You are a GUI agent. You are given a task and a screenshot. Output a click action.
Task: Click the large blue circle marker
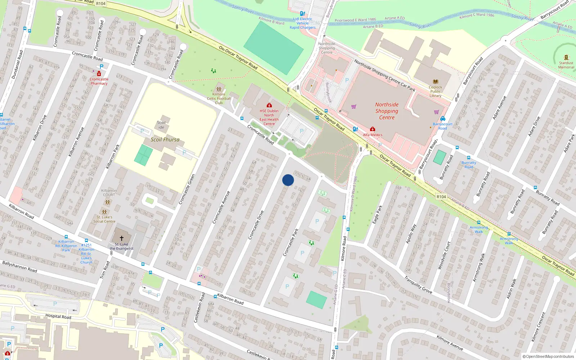pyautogui.click(x=288, y=180)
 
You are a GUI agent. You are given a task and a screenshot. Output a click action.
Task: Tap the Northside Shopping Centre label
pyautogui.click(x=387, y=111)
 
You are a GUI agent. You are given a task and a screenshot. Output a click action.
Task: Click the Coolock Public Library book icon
pyautogui.click(x=435, y=82)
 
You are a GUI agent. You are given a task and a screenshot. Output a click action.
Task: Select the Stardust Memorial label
pyautogui.click(x=566, y=65)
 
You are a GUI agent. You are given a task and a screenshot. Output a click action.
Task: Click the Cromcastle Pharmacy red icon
pyautogui.click(x=99, y=74)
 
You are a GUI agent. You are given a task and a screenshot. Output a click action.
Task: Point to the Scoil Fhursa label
pyautogui.click(x=165, y=140)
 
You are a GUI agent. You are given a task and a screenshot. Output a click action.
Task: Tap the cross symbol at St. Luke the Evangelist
pyautogui.click(x=122, y=238)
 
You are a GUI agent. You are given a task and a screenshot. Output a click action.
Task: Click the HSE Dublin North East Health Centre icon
pyautogui.click(x=269, y=105)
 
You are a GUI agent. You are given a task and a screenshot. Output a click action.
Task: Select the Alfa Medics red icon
pyautogui.click(x=373, y=129)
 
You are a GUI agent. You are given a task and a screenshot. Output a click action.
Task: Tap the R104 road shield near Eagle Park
pyautogui.click(x=441, y=197)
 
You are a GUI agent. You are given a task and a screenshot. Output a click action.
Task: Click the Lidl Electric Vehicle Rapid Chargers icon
pyautogui.click(x=302, y=14)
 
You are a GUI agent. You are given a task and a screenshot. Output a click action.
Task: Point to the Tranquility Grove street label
pyautogui.click(x=418, y=284)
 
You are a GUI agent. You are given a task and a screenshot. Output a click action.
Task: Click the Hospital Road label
pyautogui.click(x=58, y=316)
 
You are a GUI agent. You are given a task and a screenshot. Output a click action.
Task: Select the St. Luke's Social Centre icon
pyautogui.click(x=104, y=212)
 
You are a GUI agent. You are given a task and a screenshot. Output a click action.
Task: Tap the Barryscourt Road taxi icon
pyautogui.click(x=443, y=118)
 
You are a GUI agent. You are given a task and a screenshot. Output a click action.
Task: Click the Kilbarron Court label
pyautogui.click(x=109, y=193)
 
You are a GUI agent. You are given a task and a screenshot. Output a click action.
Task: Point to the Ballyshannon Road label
pyautogui.click(x=20, y=267)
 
